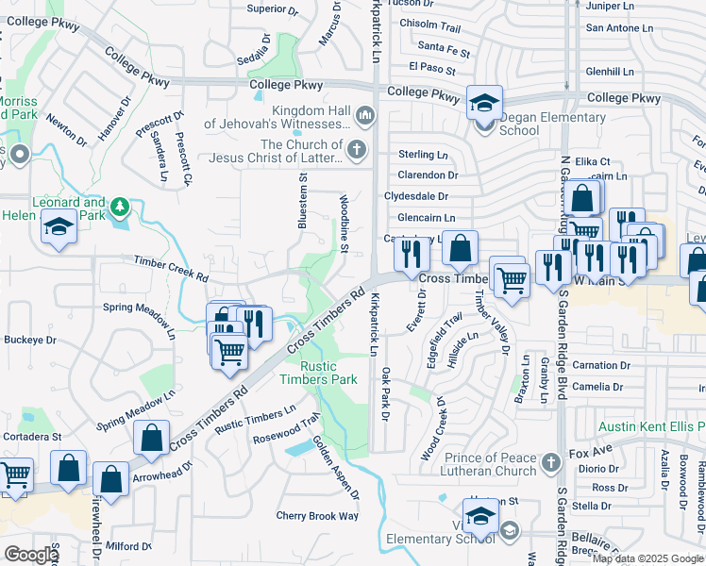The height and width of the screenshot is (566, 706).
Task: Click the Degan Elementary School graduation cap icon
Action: click(x=484, y=101)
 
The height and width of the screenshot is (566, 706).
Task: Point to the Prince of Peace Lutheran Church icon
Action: click(x=552, y=464)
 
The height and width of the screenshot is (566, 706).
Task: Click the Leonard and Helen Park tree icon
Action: click(x=120, y=205)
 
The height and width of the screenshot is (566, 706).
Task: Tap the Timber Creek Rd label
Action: click(x=170, y=268)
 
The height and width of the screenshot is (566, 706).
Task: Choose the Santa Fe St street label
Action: click(x=444, y=46)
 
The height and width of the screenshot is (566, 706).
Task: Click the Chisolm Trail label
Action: click(x=429, y=26)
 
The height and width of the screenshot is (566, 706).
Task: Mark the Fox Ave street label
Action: click(x=592, y=454)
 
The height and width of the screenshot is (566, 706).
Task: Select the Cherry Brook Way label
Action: click(x=317, y=516)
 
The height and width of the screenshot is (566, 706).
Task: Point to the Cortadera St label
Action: click(x=31, y=437)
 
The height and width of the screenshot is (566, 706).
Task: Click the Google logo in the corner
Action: click(x=30, y=555)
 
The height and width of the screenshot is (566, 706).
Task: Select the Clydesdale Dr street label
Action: click(x=416, y=196)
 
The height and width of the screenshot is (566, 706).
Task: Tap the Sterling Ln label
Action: click(x=423, y=154)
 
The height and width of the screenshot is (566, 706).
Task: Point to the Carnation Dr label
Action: click(x=600, y=365)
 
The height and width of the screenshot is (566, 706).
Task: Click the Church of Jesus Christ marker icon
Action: click(x=356, y=149)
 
